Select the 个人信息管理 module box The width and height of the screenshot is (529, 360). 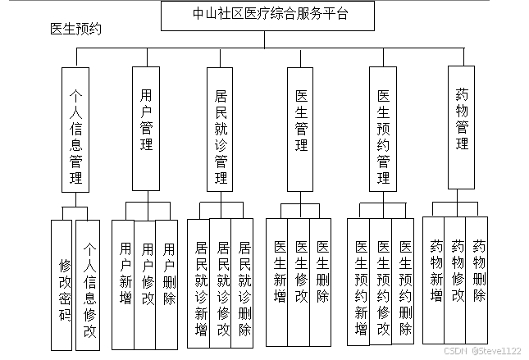[75, 129]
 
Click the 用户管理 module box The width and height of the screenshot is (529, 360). [147, 124]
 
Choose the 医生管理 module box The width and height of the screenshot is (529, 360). [301, 124]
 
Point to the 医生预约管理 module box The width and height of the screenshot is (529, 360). [382, 129]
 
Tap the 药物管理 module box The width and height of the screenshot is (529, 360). [462, 124]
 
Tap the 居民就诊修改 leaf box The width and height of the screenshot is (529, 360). [221, 288]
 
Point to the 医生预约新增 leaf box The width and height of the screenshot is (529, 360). [360, 287]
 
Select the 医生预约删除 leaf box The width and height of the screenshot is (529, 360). [404, 287]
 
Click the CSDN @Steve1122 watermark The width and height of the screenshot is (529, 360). [486, 350]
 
